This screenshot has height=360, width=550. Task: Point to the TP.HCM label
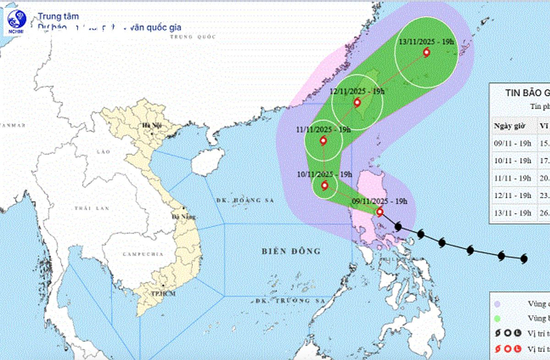[153, 296]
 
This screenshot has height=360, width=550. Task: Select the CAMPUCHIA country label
[136, 256]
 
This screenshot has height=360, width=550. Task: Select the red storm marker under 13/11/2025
[426, 54]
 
